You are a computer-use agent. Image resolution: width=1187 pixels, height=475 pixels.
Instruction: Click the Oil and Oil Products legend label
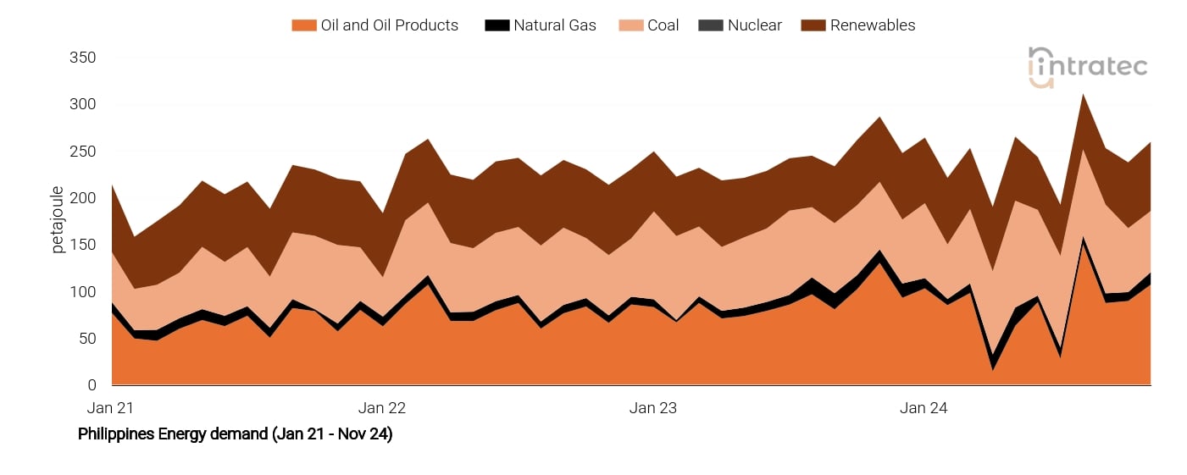tap(389, 25)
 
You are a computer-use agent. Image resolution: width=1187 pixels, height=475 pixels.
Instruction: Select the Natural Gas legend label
tap(554, 25)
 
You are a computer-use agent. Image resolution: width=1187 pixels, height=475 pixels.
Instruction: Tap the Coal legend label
tap(663, 25)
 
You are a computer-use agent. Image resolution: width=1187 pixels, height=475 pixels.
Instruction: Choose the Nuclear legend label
tap(754, 25)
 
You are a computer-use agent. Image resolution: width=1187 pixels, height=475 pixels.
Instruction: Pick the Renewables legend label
tap(873, 25)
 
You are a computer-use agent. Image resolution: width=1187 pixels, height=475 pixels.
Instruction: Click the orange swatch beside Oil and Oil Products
tap(303, 25)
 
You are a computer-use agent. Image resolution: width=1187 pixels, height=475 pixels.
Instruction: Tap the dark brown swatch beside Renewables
tap(812, 25)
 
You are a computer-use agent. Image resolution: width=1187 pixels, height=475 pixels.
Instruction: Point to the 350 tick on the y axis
tap(82, 58)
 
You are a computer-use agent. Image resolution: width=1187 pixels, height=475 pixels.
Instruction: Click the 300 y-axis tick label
tap(82, 105)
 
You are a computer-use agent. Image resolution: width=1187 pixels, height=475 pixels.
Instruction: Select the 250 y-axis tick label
tap(82, 152)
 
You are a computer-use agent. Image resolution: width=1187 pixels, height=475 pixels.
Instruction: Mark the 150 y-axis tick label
tap(82, 246)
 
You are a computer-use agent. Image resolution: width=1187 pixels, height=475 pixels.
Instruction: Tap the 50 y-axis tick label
tap(86, 339)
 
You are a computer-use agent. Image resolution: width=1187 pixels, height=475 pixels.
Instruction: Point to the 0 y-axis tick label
tap(92, 385)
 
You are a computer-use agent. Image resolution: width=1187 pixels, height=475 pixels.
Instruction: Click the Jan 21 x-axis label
tap(111, 408)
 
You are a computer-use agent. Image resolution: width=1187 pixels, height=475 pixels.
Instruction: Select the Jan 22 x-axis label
tap(382, 408)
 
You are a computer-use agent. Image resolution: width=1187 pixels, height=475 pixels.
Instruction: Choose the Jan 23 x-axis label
tap(653, 408)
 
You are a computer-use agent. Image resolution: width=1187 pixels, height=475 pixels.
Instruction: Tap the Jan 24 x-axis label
tap(924, 408)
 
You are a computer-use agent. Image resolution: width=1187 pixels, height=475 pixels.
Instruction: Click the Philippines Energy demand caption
tap(235, 434)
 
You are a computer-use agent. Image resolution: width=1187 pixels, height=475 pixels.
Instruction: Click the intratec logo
tap(1088, 67)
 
